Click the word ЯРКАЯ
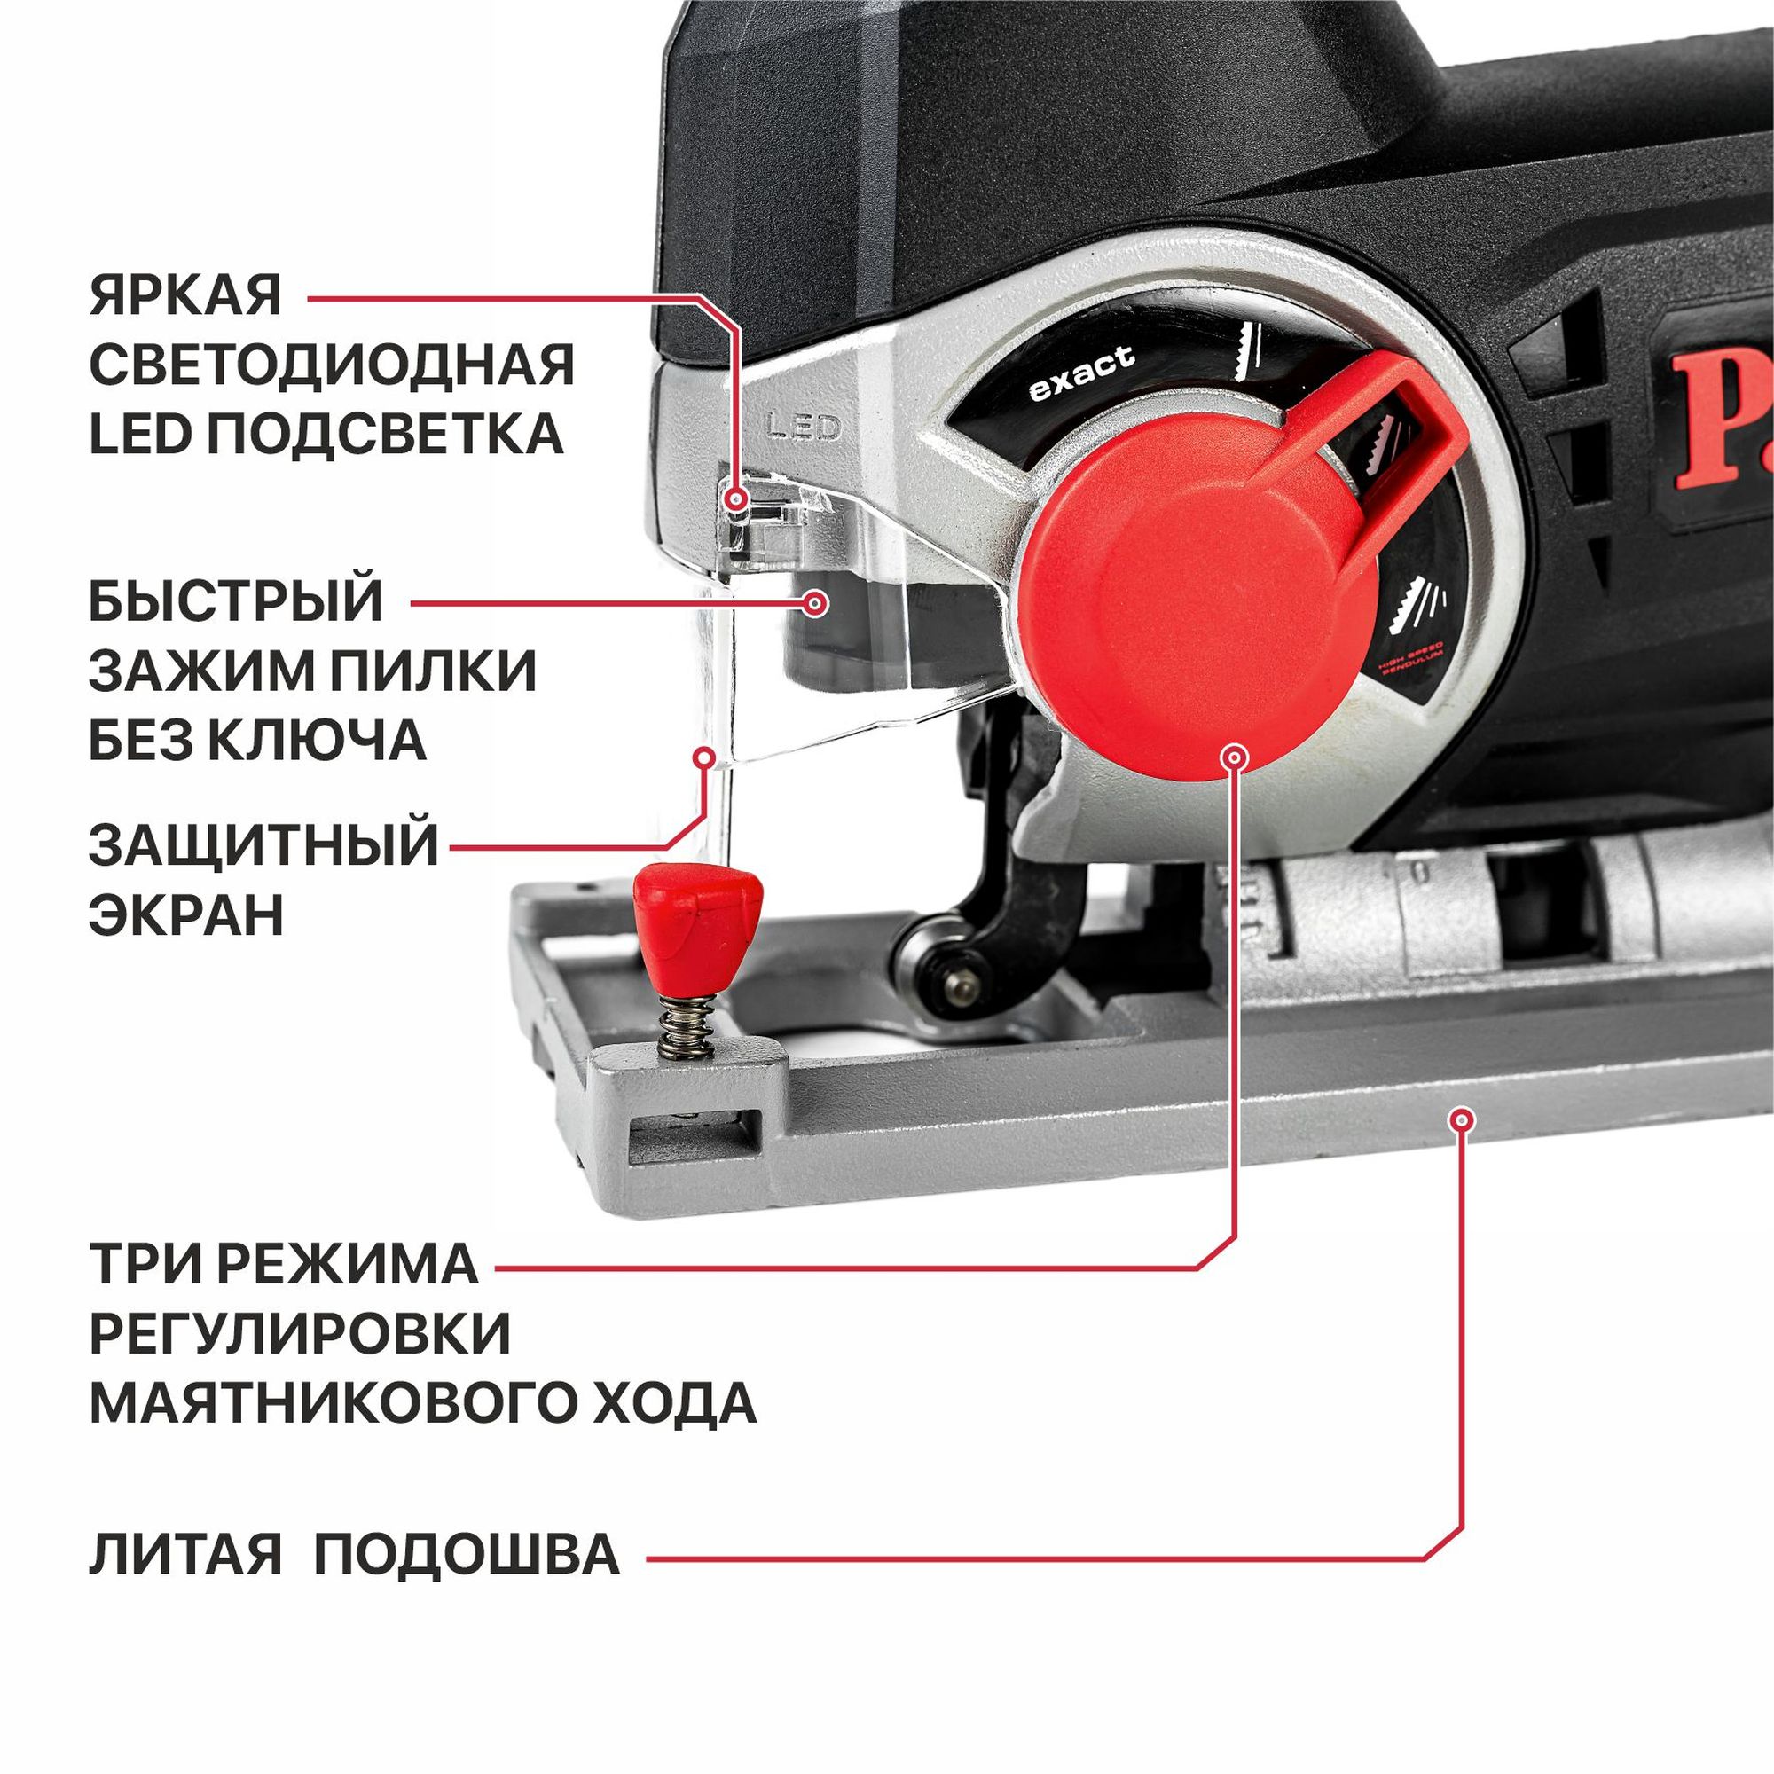(185, 296)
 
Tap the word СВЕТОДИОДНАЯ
(332, 365)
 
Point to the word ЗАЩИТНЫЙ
(263, 844)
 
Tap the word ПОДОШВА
(467, 1555)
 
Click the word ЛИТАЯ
(185, 1555)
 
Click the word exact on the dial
(1081, 373)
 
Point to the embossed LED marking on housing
(804, 427)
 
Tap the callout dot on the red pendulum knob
(1235, 757)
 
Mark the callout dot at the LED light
(734, 499)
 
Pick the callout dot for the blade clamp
(814, 603)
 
